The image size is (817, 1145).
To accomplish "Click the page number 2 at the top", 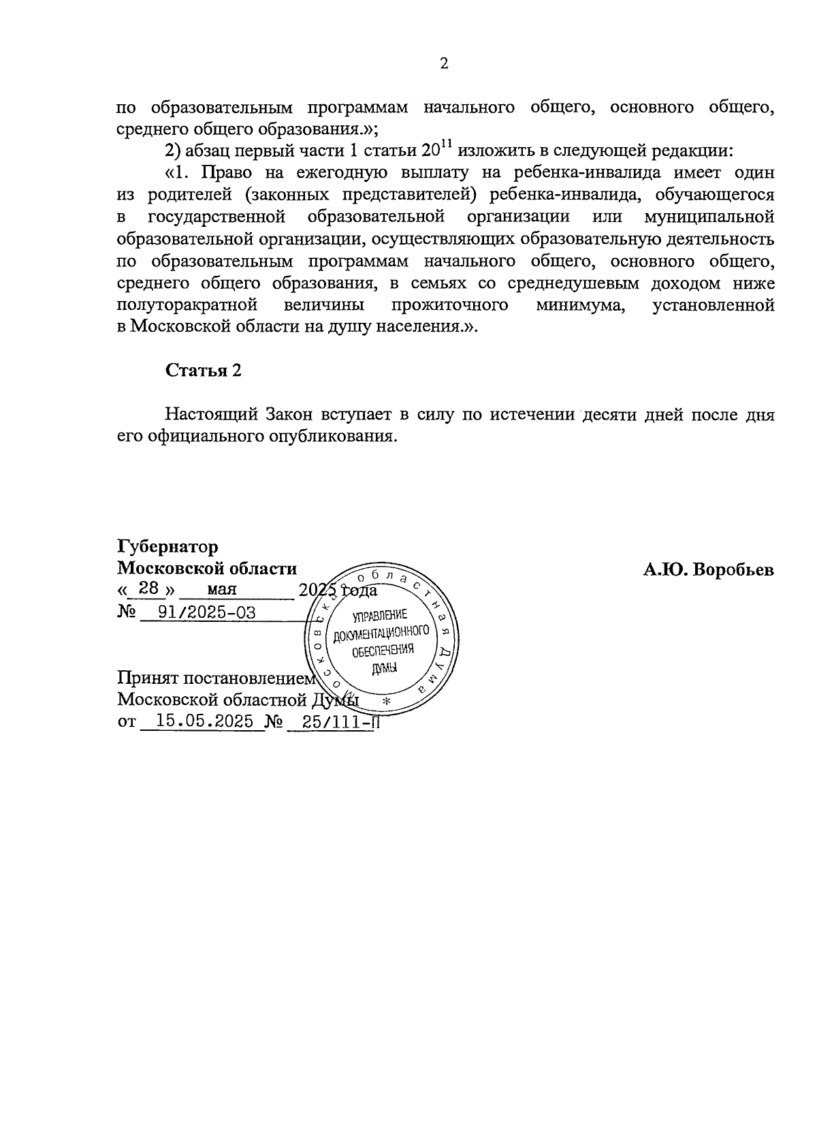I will (x=444, y=64).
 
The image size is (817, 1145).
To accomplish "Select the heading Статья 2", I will (x=203, y=371).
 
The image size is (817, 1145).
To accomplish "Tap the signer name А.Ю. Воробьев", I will (x=708, y=569).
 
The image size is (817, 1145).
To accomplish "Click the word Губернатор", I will (x=167, y=547).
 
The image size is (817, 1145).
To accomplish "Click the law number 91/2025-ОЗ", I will (x=207, y=612).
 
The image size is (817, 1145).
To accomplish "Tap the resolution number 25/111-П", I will (x=332, y=722).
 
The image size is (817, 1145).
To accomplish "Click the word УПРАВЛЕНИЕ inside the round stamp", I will (x=380, y=616).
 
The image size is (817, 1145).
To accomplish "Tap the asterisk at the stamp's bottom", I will (x=386, y=702).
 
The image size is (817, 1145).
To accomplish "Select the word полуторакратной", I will (x=187, y=305).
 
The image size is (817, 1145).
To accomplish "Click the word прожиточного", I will (x=450, y=305).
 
